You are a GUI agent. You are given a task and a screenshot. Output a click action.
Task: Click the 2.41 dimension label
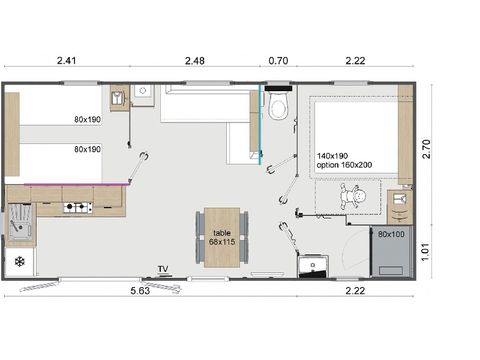click(66, 61)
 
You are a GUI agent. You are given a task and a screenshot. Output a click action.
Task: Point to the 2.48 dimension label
click(196, 61)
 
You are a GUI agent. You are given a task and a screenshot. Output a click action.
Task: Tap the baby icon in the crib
click(353, 197)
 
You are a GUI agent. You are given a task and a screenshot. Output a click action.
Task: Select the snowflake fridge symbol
click(19, 262)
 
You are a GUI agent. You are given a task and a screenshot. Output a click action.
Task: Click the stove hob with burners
click(78, 208)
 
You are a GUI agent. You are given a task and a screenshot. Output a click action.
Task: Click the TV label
click(162, 269)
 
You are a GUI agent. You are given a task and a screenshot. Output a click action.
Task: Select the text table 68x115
click(221, 236)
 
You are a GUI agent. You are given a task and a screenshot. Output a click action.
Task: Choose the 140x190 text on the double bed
click(333, 157)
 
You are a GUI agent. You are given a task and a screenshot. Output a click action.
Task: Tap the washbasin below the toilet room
click(313, 265)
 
